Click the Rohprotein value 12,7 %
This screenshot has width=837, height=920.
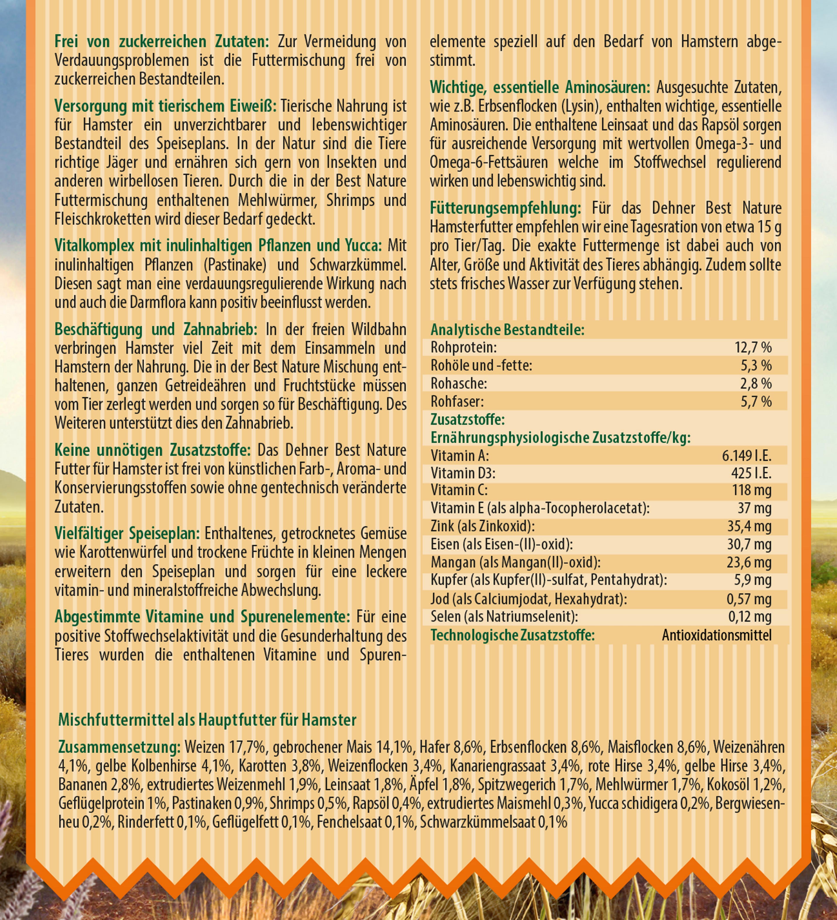(x=753, y=348)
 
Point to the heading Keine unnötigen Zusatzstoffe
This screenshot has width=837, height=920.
(x=152, y=451)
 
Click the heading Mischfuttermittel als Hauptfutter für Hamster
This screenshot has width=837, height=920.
(x=208, y=720)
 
